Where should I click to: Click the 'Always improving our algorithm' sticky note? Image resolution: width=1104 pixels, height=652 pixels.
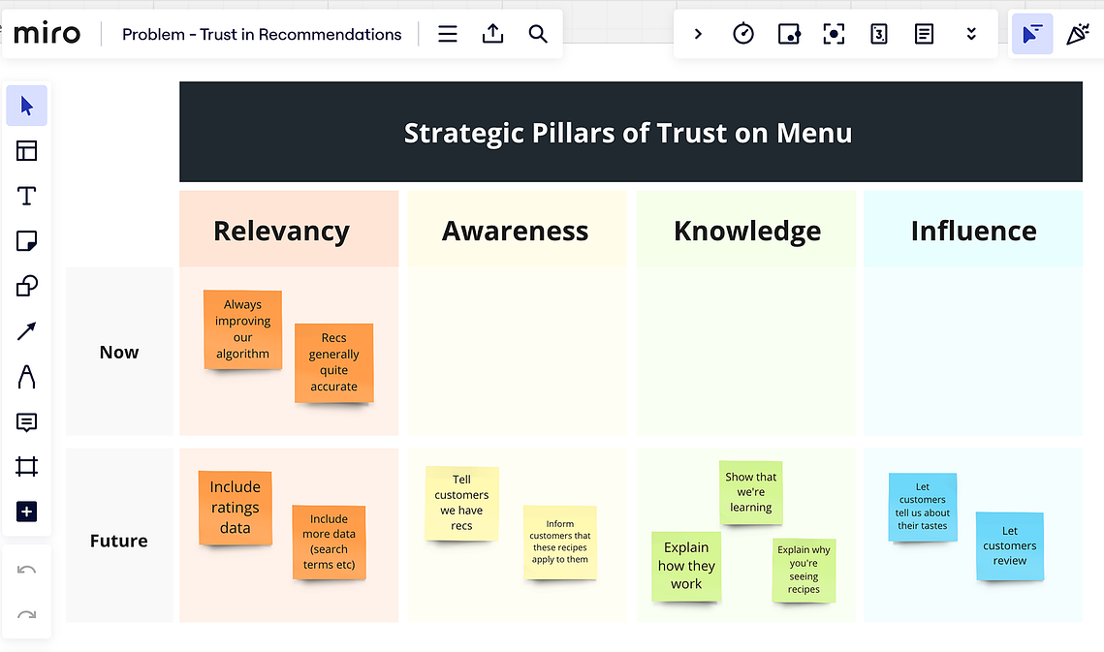[x=243, y=329]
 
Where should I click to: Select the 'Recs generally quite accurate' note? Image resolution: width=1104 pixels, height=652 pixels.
[x=333, y=362]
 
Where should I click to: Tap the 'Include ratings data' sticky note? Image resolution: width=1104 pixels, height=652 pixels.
[x=236, y=508]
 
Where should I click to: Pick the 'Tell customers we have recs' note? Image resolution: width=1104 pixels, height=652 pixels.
[x=462, y=503]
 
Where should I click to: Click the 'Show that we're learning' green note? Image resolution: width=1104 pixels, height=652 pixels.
[x=750, y=492]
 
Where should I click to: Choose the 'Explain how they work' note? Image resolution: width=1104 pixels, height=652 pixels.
[x=686, y=566]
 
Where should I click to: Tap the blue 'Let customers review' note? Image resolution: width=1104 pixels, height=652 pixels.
[x=1010, y=545]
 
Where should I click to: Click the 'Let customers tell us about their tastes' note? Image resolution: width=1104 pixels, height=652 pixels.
[x=923, y=507]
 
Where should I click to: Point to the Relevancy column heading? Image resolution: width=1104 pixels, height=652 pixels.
[x=282, y=231]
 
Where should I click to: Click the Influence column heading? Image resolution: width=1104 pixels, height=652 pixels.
[x=974, y=231]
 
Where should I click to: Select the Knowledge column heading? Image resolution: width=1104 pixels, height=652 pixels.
[x=747, y=231]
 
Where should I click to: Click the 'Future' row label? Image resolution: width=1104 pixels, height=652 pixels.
[x=119, y=541]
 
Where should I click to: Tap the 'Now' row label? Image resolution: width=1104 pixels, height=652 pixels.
[x=119, y=352]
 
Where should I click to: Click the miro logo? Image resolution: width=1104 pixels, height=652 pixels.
[x=47, y=33]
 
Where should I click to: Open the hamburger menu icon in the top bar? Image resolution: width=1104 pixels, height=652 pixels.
[x=448, y=34]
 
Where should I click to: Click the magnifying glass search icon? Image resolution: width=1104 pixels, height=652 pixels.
[x=538, y=34]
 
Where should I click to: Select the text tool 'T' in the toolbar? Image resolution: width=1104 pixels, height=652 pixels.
[x=27, y=196]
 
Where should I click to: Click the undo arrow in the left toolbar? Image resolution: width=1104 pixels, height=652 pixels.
[x=27, y=570]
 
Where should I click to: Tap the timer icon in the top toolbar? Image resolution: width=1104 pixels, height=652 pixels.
[x=743, y=33]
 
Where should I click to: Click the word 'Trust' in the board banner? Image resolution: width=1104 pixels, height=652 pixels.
[x=691, y=133]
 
